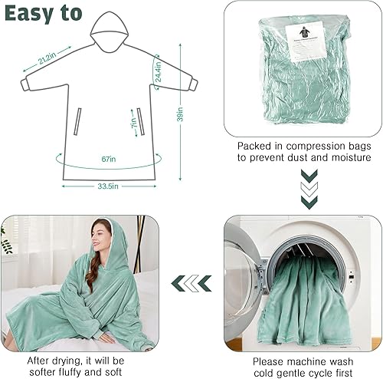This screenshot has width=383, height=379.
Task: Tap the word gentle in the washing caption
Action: [304, 372]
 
